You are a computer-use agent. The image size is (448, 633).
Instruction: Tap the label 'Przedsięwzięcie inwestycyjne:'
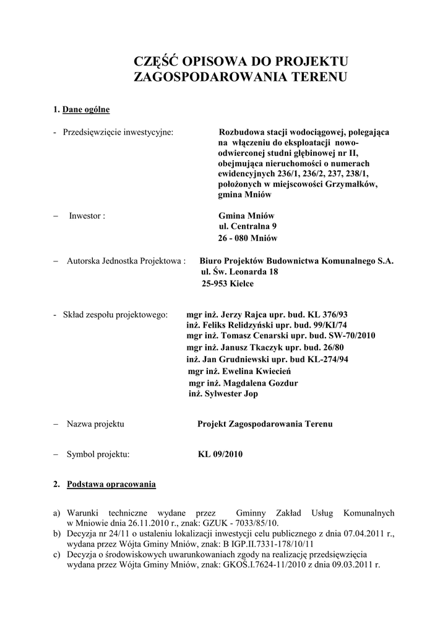(118, 132)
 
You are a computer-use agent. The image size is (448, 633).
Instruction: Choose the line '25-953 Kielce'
(227, 284)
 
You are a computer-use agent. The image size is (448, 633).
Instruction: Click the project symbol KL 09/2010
(220, 454)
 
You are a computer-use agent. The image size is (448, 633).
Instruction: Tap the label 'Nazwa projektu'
(96, 424)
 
